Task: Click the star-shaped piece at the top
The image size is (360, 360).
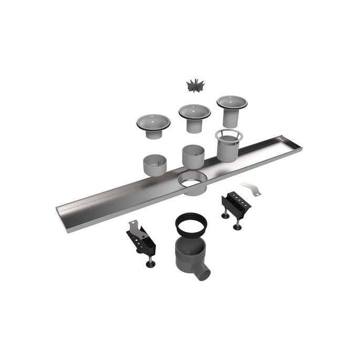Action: (194, 85)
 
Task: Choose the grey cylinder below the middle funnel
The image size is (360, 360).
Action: (194, 156)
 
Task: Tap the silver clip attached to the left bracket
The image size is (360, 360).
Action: (135, 228)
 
